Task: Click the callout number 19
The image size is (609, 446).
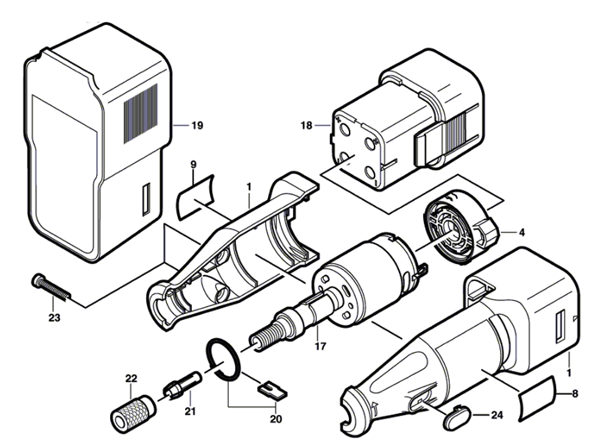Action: tap(195, 126)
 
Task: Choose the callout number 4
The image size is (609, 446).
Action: tap(521, 232)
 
